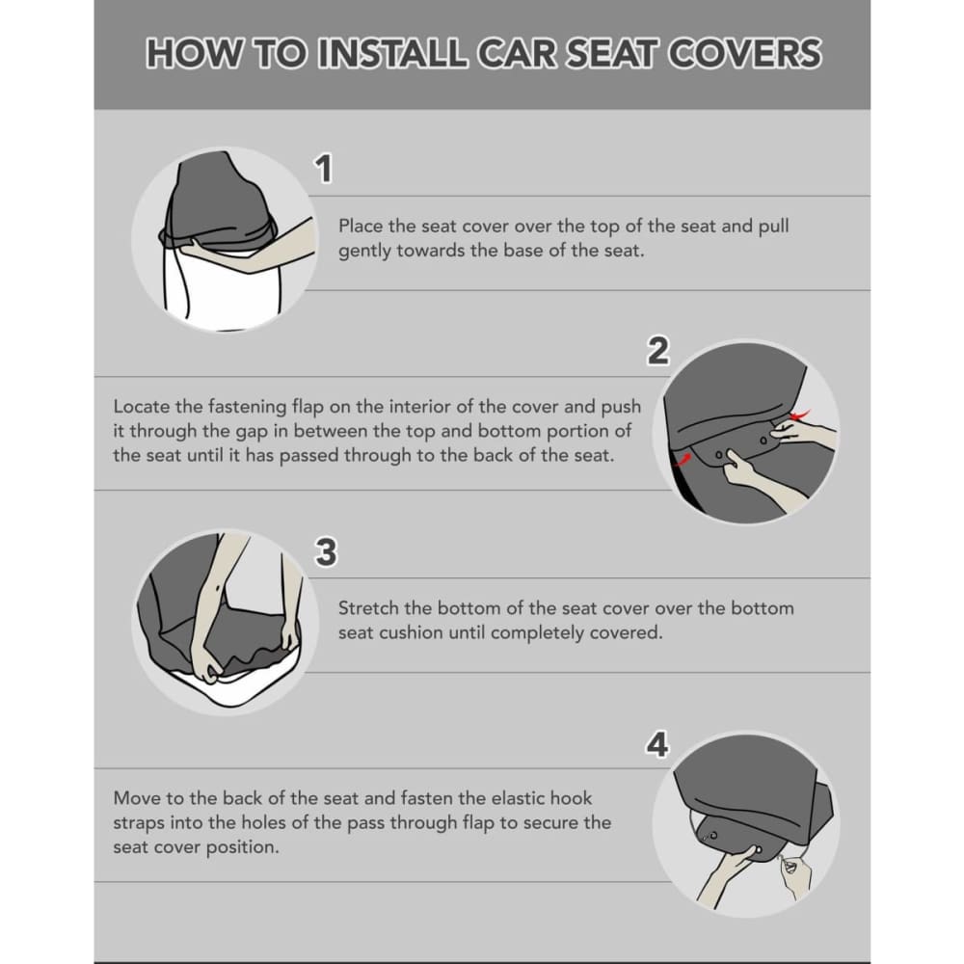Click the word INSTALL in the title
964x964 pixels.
pyautogui.click(x=392, y=53)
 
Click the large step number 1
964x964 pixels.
pyautogui.click(x=325, y=170)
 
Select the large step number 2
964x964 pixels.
pyautogui.click(x=657, y=352)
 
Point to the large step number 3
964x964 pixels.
pyautogui.click(x=326, y=552)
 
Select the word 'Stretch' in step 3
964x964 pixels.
pyautogui.click(x=367, y=608)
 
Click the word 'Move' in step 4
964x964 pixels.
pyautogui.click(x=135, y=798)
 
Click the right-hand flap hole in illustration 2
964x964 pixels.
pyautogui.click(x=763, y=442)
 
